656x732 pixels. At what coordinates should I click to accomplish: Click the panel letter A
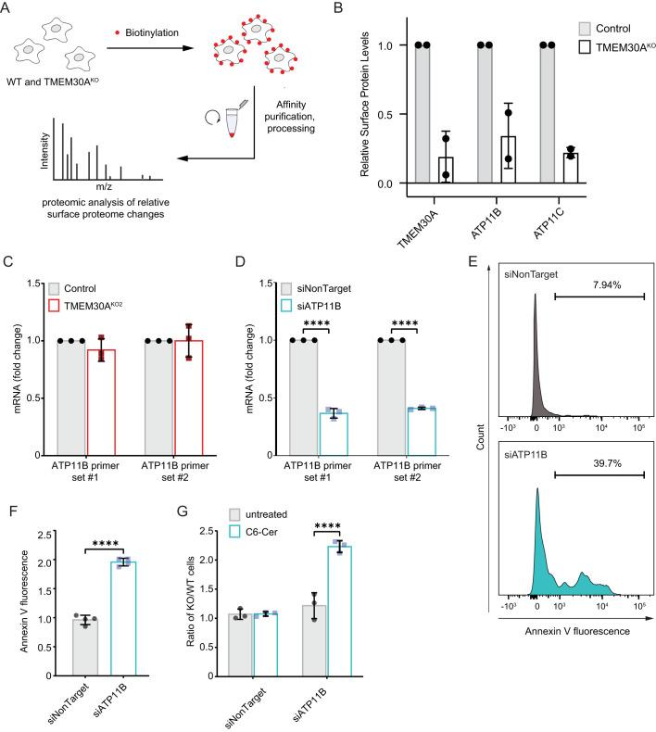tap(8, 10)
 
